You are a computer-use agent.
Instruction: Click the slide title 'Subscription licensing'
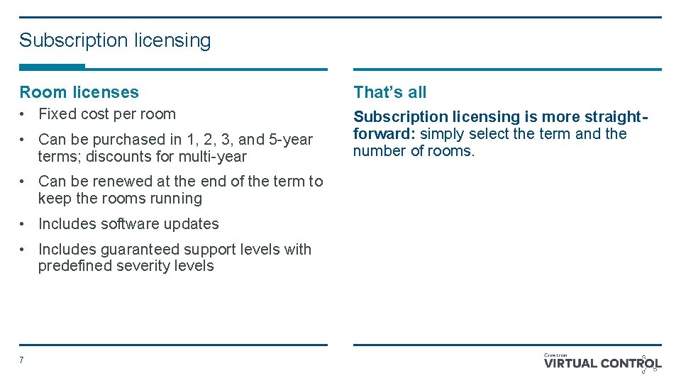point(115,40)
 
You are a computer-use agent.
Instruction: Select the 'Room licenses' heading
point(79,92)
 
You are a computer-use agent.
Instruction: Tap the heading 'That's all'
point(389,92)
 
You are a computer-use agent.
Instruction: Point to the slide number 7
point(21,360)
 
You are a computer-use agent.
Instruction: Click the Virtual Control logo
point(602,363)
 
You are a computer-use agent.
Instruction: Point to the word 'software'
point(129,224)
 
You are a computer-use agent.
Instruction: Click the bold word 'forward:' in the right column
point(384,134)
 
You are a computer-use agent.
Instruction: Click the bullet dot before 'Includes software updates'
point(23,224)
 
